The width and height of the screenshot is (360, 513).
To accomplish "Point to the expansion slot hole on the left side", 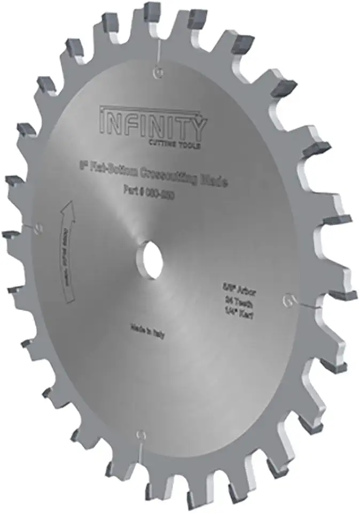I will pyautogui.click(x=37, y=228).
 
